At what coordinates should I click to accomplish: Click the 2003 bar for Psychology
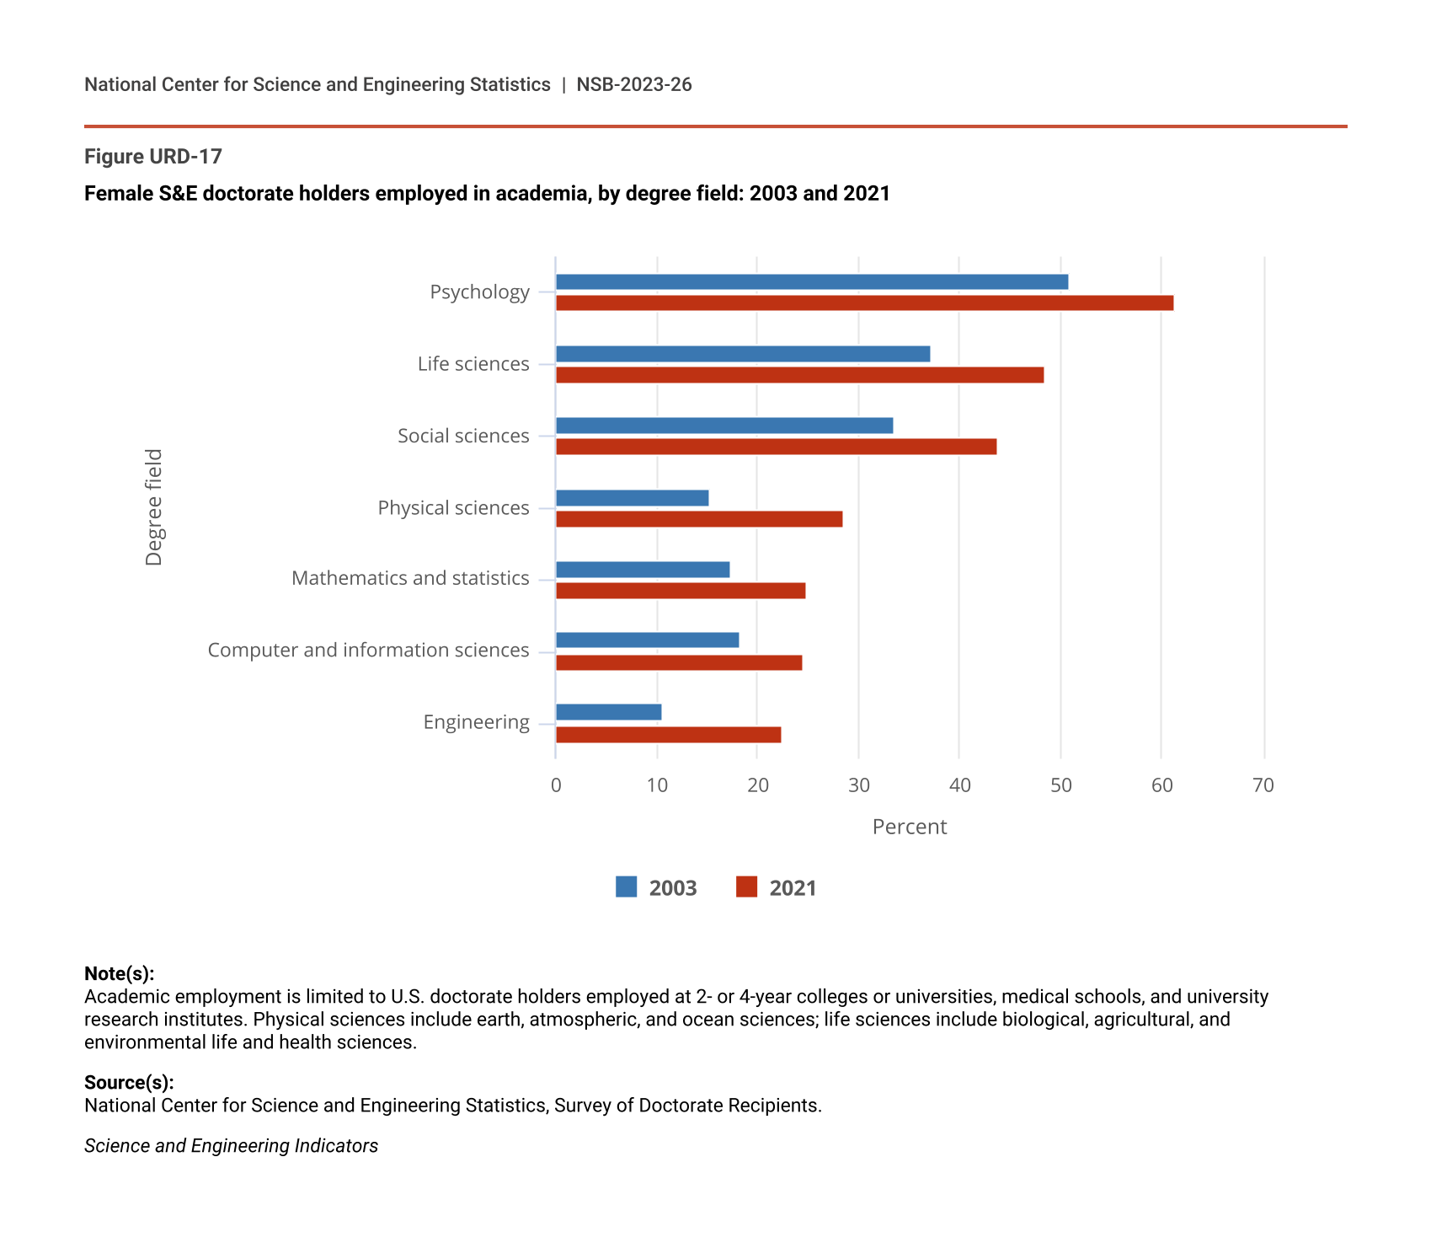pos(812,282)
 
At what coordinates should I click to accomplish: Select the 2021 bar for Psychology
pos(864,303)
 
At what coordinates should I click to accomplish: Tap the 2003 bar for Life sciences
pos(743,354)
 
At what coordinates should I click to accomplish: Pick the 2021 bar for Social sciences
pos(776,447)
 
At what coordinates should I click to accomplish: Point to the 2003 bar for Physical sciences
pos(632,498)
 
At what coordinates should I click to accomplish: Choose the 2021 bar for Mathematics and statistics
pos(681,591)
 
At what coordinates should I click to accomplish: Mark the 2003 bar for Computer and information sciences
pos(647,640)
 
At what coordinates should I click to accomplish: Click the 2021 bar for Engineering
pos(668,735)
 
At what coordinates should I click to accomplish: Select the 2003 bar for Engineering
pos(608,713)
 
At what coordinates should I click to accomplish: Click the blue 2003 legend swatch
pos(626,887)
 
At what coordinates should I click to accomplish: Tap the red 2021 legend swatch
pos(746,887)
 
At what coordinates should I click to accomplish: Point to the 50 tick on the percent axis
pos(1060,785)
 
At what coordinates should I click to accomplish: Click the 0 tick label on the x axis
pos(556,785)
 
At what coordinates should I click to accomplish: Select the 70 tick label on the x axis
pos(1263,785)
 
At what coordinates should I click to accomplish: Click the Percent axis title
pos(909,827)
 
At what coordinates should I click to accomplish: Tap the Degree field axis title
pos(153,507)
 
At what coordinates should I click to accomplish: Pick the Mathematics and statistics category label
pos(410,578)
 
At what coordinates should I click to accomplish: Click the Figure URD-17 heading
pos(153,157)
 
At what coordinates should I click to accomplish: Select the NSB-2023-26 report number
pos(633,84)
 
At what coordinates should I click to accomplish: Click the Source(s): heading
pos(129,1082)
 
